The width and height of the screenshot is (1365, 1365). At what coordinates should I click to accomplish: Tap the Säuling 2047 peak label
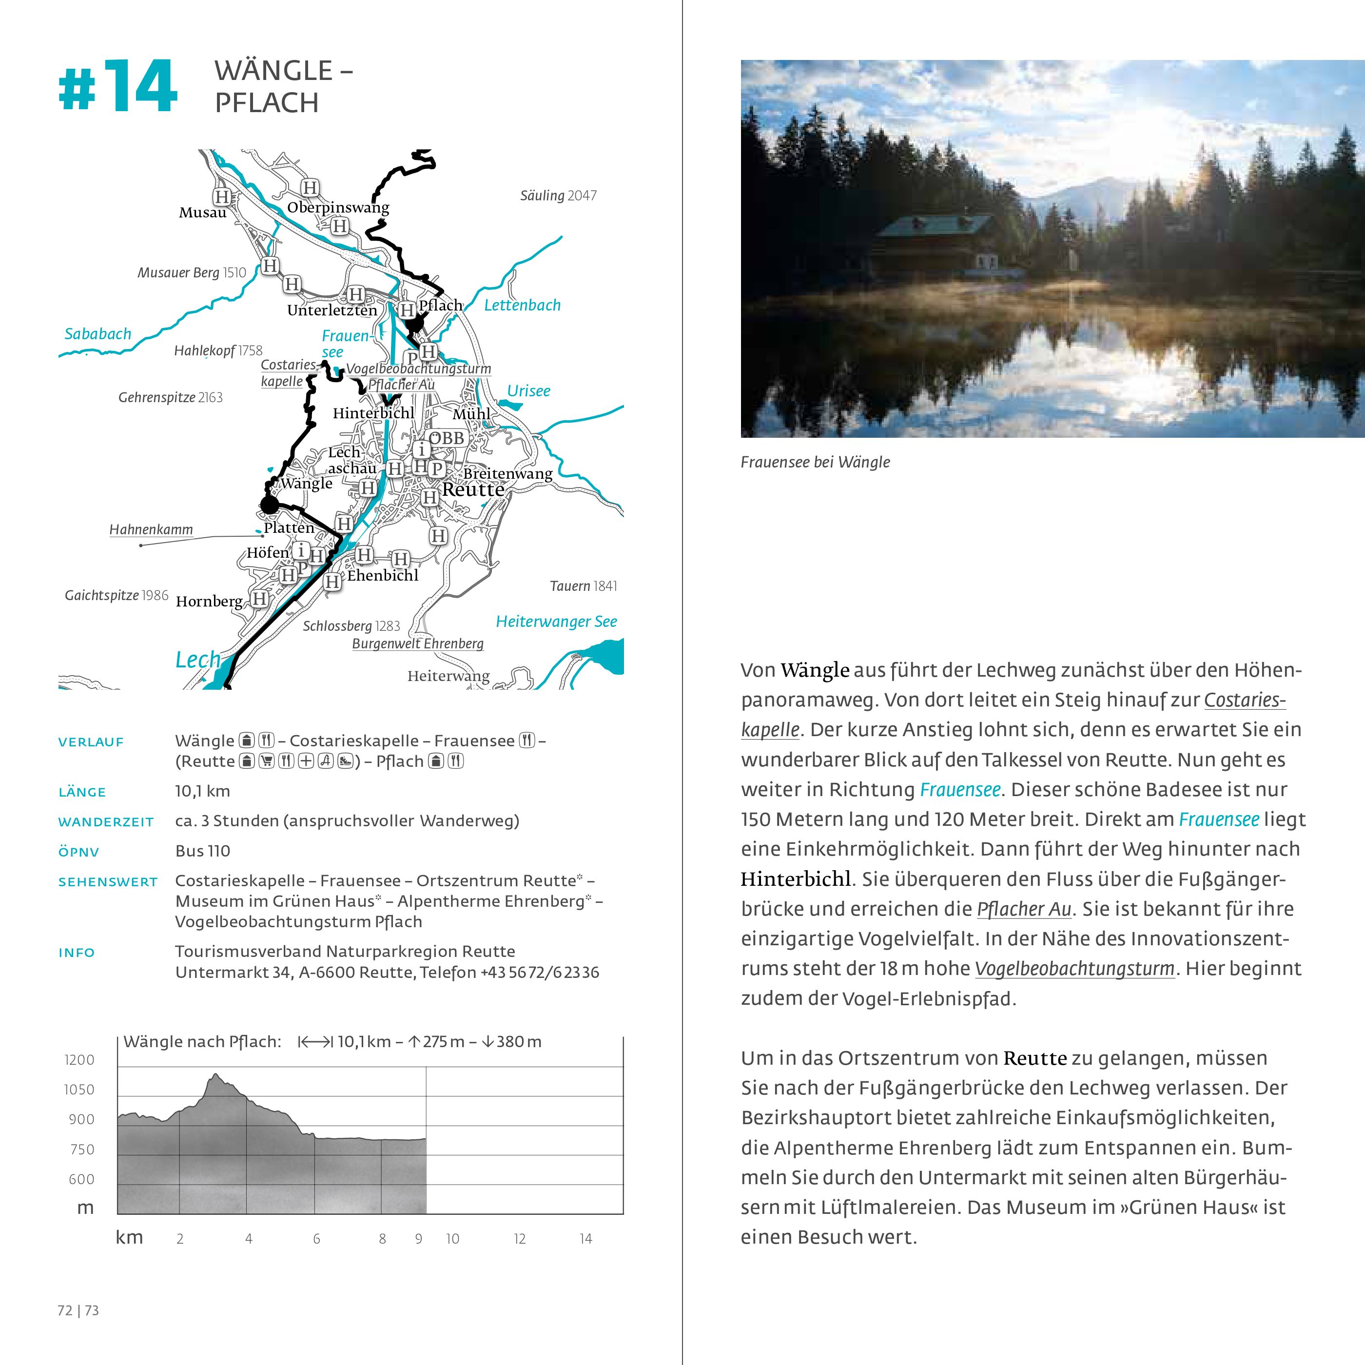(558, 195)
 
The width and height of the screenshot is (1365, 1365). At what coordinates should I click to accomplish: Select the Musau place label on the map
(203, 213)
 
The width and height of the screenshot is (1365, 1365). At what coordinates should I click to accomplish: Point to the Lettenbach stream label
(522, 305)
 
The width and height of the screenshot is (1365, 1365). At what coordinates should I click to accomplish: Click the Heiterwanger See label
(556, 622)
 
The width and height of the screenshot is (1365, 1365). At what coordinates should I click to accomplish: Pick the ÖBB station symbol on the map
(447, 438)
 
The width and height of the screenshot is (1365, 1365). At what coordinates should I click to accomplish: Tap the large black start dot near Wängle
(269, 505)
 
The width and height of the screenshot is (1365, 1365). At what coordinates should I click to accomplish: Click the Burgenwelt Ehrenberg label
(418, 643)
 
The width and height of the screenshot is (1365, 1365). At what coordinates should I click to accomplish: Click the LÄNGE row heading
(82, 792)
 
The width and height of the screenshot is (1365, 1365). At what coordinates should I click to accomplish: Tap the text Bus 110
(203, 851)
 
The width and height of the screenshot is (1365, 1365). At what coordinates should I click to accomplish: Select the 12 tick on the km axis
(520, 1239)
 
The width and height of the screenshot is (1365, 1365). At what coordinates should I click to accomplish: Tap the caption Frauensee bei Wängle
(815, 462)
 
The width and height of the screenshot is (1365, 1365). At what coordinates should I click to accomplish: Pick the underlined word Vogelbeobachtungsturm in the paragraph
(1074, 969)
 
